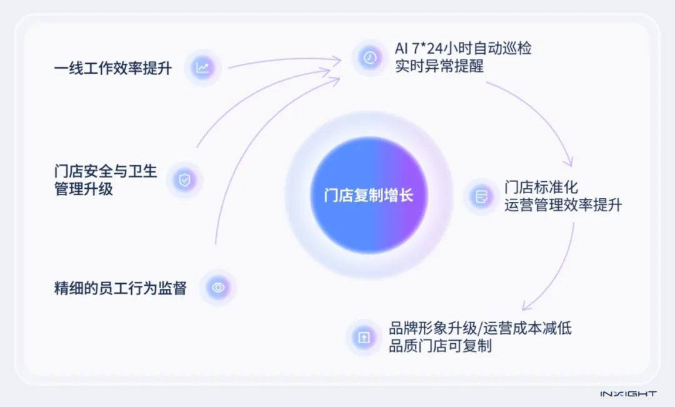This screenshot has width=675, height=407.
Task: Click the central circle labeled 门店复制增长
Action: click(369, 196)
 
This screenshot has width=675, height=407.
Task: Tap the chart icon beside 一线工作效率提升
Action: click(202, 68)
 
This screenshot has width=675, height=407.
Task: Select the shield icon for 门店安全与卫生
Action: click(184, 181)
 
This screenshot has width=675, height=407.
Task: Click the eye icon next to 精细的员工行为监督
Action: click(218, 288)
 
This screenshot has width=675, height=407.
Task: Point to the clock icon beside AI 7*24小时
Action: click(370, 58)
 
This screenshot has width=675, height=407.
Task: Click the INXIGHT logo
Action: click(627, 394)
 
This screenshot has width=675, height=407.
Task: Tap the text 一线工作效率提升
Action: click(112, 68)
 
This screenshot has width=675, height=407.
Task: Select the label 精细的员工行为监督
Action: click(120, 288)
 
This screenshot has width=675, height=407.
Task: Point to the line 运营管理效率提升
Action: click(562, 205)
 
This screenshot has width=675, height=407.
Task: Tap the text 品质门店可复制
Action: click(440, 346)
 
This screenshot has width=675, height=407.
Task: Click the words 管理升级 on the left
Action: click(84, 189)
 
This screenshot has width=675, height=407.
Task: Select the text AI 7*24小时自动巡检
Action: click(463, 48)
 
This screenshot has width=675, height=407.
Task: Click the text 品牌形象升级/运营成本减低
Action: click(480, 328)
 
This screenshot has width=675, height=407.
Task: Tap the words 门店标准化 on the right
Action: click(541, 188)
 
